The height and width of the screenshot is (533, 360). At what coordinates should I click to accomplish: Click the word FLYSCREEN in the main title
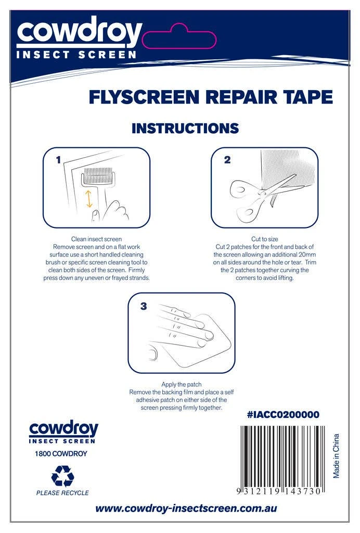(x=144, y=97)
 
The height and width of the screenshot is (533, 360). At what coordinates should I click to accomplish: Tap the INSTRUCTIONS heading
(x=185, y=128)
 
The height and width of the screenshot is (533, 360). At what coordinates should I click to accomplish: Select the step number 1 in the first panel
(x=58, y=159)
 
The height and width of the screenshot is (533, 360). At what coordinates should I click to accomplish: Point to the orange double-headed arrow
(x=89, y=199)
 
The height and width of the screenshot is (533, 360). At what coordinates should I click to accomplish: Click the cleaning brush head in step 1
(x=98, y=176)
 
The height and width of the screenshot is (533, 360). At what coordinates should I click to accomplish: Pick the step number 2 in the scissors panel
(x=227, y=159)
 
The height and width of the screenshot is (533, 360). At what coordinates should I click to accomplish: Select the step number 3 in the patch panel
(x=144, y=306)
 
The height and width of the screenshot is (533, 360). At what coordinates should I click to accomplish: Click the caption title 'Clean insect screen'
(x=96, y=239)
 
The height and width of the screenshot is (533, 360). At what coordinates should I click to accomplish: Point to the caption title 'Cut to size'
(x=265, y=239)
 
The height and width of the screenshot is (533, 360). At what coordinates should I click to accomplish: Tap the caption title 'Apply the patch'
(x=182, y=385)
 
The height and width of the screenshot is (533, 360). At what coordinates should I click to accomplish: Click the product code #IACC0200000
(x=283, y=415)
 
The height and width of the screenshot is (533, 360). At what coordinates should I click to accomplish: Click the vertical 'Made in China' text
(x=336, y=456)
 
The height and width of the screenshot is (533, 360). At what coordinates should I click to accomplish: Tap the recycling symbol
(x=62, y=476)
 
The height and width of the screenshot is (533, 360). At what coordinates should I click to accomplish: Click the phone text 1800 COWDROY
(x=61, y=453)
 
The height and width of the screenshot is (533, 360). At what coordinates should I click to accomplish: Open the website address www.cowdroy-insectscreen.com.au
(x=186, y=509)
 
